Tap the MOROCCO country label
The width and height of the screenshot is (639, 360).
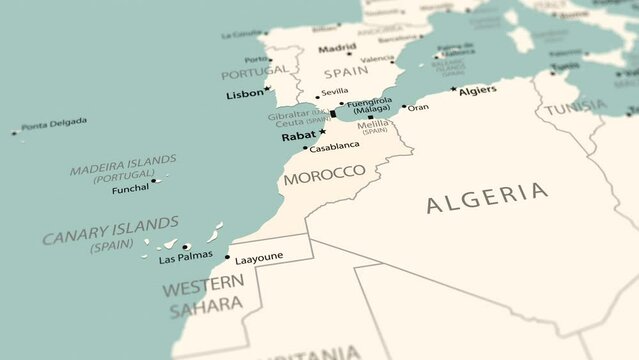point(324,173)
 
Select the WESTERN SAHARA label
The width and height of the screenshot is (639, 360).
point(203,297)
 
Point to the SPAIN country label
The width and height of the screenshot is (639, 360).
point(346,72)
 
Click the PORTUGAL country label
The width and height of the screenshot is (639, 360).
point(253,73)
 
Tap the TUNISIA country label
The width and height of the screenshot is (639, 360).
point(576,107)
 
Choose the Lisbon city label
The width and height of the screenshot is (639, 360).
point(245,94)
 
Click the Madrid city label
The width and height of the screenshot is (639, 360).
point(337,47)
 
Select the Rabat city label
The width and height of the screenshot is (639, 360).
point(298,136)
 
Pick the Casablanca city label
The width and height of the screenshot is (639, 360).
point(334,147)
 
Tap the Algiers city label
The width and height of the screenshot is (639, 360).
point(477,89)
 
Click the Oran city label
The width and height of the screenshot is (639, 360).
point(419,107)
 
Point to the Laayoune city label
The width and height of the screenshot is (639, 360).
point(259,256)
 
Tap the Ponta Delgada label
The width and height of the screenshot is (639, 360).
point(54,124)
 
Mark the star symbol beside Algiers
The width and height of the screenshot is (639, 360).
point(453,90)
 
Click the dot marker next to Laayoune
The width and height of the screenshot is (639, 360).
point(227,257)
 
